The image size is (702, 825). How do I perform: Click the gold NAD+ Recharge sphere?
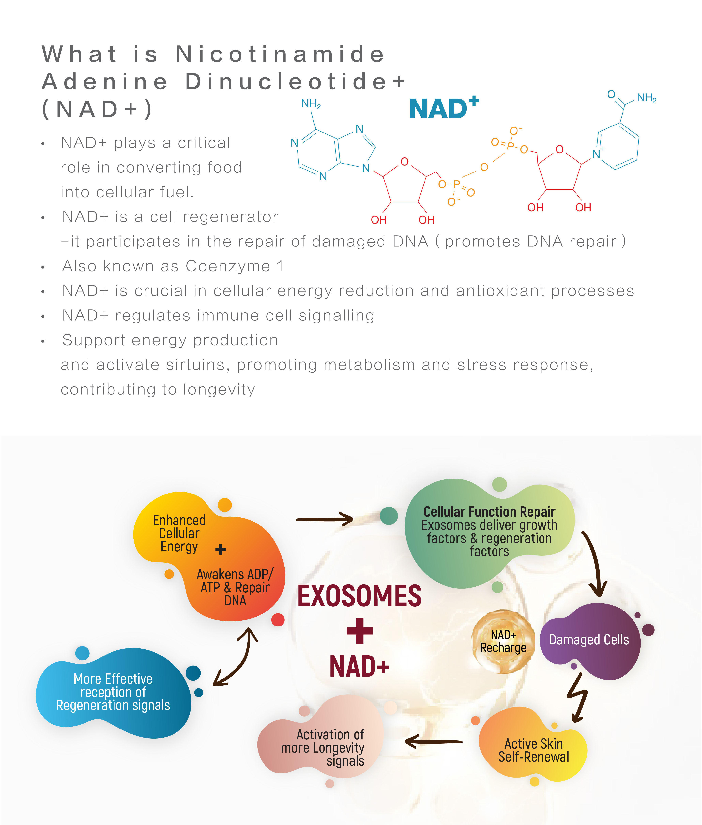[503, 641]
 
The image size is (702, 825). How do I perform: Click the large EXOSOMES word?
[359, 596]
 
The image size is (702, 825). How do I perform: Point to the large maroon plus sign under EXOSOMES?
[360, 631]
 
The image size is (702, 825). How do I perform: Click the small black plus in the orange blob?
[221, 550]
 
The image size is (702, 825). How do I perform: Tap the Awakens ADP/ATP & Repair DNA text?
[235, 588]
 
